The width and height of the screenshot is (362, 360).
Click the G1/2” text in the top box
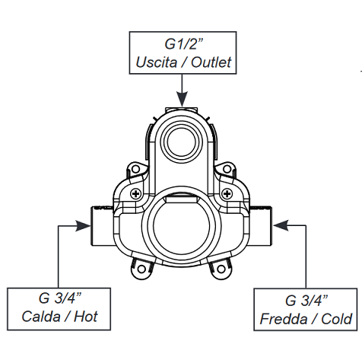tap(184, 43)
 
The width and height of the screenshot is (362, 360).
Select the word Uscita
tap(156, 62)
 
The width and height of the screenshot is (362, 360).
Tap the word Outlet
tap(211, 62)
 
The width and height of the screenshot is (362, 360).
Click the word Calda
tap(41, 317)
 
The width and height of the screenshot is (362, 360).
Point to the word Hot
tap(86, 317)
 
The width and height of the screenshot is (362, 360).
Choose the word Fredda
tap(284, 319)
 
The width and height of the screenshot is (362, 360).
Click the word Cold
tap(337, 319)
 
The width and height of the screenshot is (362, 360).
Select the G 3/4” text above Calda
tap(60, 298)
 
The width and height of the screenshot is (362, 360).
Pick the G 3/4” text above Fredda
tap(306, 300)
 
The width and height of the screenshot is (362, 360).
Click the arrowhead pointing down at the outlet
tap(182, 99)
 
